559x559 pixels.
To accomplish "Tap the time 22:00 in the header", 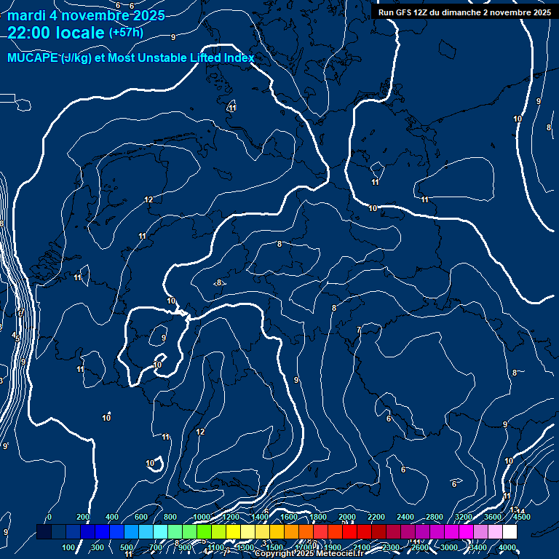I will coord(30,33).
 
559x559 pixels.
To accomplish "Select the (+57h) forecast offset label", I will coord(126,33).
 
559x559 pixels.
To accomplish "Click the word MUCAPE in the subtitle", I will coord(33,58).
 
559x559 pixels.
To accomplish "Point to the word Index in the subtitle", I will coord(238,58).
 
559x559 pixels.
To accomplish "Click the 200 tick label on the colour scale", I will coord(83,517).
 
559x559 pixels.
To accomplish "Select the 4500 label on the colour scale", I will coord(521,517).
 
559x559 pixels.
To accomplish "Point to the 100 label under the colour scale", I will coord(70,547).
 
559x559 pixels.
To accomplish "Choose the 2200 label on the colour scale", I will coord(376,517).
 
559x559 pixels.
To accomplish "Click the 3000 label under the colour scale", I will coord(449,547).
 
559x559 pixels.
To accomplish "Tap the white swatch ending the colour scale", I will coord(510,532).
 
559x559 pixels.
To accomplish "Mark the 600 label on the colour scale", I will coord(141,517).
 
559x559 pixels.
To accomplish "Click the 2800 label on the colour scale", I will coord(435,517).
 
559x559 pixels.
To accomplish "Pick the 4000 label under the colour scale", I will coord(507,547).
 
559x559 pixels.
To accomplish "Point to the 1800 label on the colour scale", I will coord(318,517).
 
